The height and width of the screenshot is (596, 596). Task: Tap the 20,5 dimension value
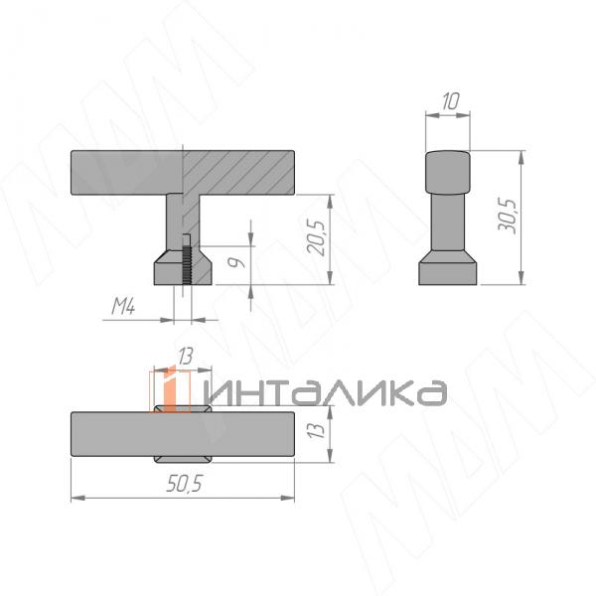[x=317, y=238]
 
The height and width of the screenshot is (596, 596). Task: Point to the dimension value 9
[x=234, y=263]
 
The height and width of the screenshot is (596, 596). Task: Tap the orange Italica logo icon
[x=170, y=388]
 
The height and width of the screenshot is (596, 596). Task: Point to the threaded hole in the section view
[x=187, y=260]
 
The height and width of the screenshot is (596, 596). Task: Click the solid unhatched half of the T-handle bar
[x=124, y=171]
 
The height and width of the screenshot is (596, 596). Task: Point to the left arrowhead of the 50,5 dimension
[x=75, y=497]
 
